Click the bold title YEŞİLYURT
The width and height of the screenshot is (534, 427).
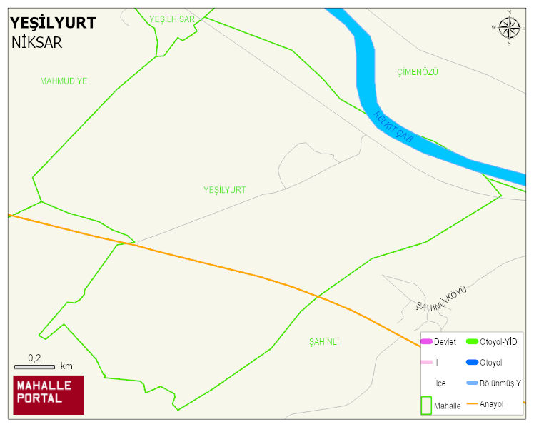click(53, 23)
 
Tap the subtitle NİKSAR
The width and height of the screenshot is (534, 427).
click(36, 42)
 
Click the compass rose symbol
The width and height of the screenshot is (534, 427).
click(509, 28)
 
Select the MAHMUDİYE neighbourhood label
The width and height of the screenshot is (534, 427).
click(64, 81)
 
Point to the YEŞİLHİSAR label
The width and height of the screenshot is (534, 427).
click(172, 19)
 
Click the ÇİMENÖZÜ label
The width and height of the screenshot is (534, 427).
click(417, 72)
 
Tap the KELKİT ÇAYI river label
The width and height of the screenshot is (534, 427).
click(393, 127)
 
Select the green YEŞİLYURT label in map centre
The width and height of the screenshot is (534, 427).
click(224, 190)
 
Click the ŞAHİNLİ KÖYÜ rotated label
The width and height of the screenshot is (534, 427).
click(440, 300)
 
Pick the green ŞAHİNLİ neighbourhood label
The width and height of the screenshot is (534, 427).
click(323, 342)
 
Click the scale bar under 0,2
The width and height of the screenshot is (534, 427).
click(34, 366)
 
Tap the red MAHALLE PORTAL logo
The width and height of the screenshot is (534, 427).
click(48, 395)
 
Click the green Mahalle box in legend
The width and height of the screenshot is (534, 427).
click(425, 405)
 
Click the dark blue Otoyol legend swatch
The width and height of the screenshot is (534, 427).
click(472, 363)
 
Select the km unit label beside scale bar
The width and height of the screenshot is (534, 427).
click(66, 366)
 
